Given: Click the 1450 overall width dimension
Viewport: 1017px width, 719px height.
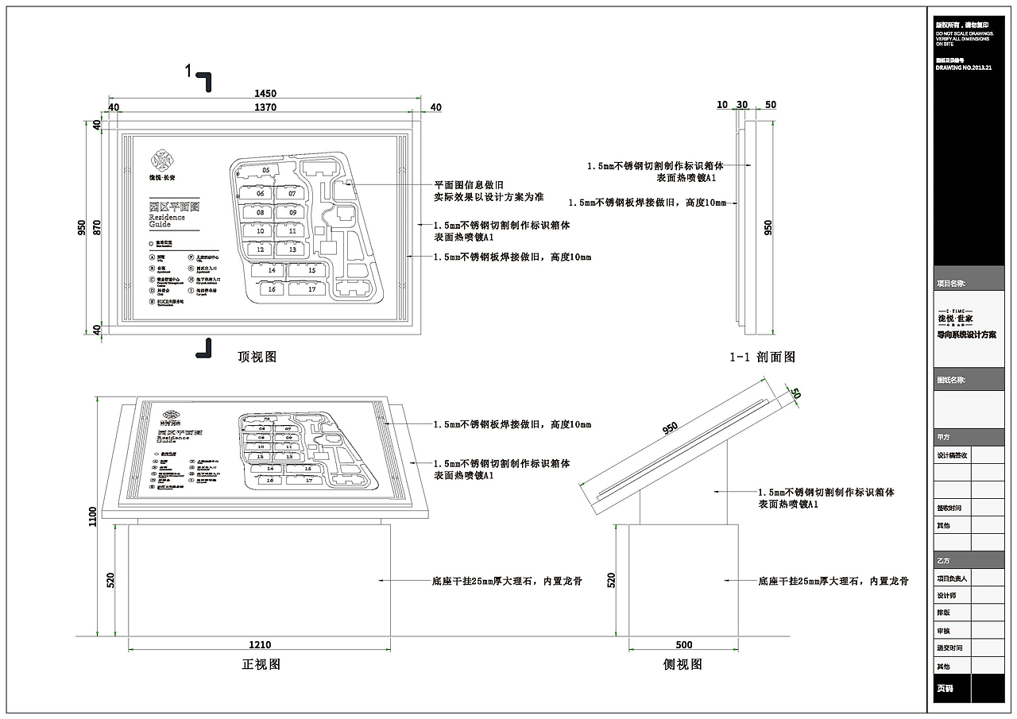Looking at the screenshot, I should [265, 94].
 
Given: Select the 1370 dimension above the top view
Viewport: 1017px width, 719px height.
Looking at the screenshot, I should [265, 107].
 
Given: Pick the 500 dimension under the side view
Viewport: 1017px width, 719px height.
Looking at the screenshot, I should [683, 645].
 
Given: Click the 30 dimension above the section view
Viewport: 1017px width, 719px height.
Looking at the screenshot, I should [743, 105].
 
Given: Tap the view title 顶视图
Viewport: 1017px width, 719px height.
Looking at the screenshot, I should [257, 357].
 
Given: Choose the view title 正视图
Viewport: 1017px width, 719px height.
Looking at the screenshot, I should [261, 664].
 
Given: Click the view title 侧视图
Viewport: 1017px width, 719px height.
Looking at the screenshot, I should [683, 664].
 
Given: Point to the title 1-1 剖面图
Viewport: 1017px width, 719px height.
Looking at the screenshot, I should [763, 358].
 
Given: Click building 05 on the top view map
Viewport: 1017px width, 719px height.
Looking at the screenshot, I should [266, 170].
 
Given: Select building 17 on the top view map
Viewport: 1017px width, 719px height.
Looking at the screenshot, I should [311, 289].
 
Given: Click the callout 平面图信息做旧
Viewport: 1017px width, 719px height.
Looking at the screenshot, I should [469, 184].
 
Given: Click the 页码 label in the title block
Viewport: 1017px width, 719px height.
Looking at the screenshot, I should [944, 689].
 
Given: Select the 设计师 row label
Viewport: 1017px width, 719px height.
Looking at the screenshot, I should [946, 595].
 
